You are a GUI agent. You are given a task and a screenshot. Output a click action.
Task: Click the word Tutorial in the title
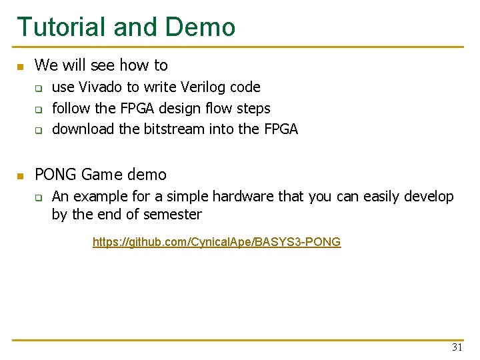coord(61,27)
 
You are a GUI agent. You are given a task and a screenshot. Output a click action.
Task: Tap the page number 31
coord(457,347)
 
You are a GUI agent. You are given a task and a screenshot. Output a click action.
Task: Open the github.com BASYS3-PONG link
coord(217,242)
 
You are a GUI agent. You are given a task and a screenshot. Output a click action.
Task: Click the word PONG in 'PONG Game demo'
coord(55,175)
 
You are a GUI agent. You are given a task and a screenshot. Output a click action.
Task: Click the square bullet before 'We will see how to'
coord(20,67)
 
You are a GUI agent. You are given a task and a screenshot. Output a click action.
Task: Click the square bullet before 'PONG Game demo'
coord(20,176)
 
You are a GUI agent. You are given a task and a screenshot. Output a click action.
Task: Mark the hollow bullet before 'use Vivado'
coord(39,88)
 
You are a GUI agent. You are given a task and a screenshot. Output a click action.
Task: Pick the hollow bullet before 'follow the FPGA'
coord(39,109)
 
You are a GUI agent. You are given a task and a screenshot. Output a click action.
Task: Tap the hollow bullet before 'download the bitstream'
coord(39,130)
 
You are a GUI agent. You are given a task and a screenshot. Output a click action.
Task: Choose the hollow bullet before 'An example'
coord(39,197)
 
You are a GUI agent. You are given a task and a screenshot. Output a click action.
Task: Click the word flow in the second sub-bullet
coord(211,108)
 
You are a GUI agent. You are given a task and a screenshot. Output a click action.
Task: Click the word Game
coord(99,175)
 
